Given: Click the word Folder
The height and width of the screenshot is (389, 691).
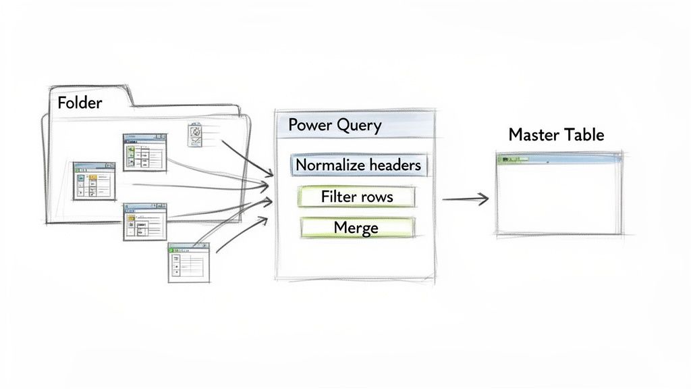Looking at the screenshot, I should pos(80,103).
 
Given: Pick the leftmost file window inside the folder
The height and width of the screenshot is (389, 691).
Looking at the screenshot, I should pos(94,180).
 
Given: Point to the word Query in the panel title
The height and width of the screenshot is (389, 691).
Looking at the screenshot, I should pos(359,126).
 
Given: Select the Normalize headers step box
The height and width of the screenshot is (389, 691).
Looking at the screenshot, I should pos(358,165).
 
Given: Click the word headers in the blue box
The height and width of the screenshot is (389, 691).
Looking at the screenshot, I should pos(390,165).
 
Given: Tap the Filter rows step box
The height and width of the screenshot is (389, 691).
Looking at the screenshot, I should pos(357,197).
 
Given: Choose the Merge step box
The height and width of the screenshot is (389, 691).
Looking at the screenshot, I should pos(356,228).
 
